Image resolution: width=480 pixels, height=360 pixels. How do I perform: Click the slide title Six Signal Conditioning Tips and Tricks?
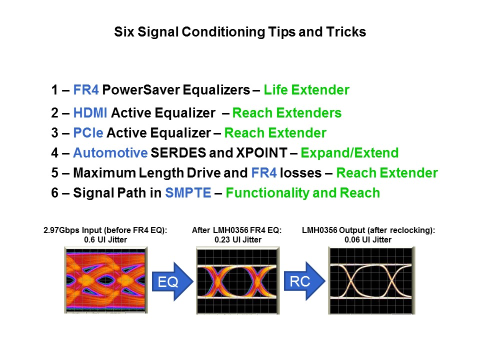[240, 32]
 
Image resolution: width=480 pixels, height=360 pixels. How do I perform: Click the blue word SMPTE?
[188, 193]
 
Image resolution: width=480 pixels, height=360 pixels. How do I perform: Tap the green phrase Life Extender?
[306, 90]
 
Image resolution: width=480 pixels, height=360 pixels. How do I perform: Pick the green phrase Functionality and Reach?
[302, 193]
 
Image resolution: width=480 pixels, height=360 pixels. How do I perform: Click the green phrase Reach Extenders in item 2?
[287, 113]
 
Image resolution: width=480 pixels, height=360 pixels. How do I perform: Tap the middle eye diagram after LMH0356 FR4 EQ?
[236, 281]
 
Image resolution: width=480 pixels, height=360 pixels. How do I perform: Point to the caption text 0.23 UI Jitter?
[236, 239]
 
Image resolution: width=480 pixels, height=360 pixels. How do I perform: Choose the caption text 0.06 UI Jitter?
[368, 239]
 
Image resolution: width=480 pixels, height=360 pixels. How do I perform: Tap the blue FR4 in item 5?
[263, 173]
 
